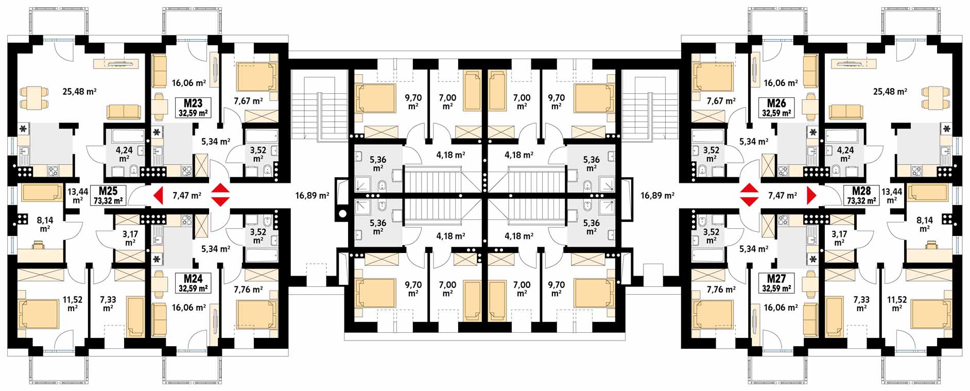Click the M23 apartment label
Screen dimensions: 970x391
pyautogui.click(x=193, y=104)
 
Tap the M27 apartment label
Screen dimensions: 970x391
pyautogui.click(x=776, y=279)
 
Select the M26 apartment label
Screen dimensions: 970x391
pyautogui.click(x=776, y=104)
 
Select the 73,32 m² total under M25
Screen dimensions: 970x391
pyautogui.click(x=108, y=201)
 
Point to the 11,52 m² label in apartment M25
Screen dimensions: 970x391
pyautogui.click(x=73, y=303)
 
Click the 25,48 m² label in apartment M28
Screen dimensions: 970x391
pyautogui.click(x=890, y=92)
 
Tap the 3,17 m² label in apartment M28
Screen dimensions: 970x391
pyautogui.click(x=839, y=238)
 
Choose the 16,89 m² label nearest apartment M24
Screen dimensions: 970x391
pyautogui.click(x=312, y=195)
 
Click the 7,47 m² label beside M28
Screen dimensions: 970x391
pyautogui.click(x=782, y=195)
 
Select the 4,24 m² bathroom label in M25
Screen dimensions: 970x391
pyautogui.click(x=124, y=155)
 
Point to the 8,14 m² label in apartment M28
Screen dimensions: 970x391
pyautogui.click(x=925, y=224)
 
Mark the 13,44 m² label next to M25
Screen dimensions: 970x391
pyautogui.click(x=77, y=195)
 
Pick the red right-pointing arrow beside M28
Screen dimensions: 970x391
pyautogui.click(x=812, y=196)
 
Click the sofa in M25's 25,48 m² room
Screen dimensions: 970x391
pyautogui.click(x=124, y=111)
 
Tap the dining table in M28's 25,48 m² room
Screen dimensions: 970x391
pyautogui.click(x=933, y=97)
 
